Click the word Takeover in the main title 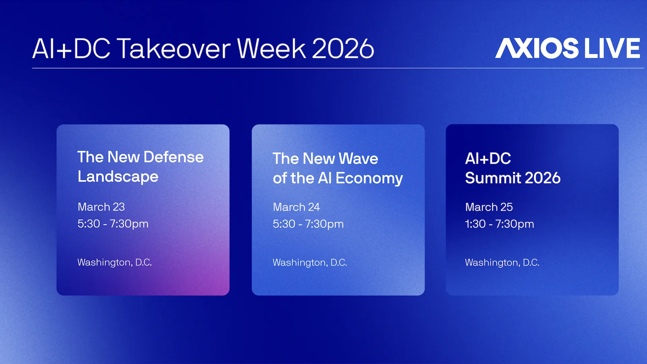coord(174,49)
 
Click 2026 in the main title coord(343,49)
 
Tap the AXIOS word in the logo coord(536,48)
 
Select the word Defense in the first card coord(174,157)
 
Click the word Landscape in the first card coord(118,177)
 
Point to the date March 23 coord(101,207)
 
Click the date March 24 coord(296,207)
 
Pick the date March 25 coord(489,207)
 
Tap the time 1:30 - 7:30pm coord(499,224)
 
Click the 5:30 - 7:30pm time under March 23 coord(113,224)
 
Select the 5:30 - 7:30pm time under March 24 coord(308,224)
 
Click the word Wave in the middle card coord(358,159)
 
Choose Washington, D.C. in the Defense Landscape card coord(115,262)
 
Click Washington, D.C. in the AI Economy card coord(310,262)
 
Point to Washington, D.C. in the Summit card coord(502,262)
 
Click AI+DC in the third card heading coord(488,159)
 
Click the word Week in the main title coord(271,49)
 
